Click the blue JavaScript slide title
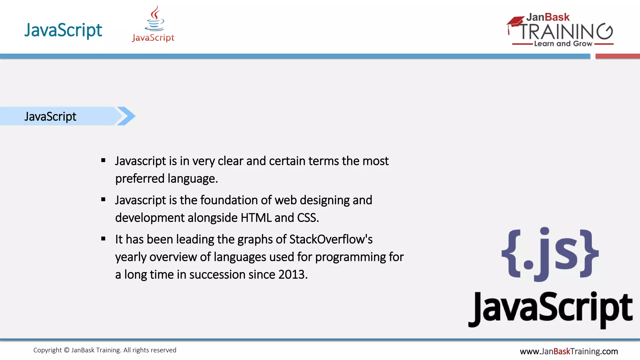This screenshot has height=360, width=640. (63, 30)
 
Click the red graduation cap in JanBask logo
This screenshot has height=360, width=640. (515, 22)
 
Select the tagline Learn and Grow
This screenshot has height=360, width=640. (563, 44)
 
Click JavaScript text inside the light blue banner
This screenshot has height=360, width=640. (50, 117)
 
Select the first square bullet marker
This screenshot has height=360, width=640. (103, 161)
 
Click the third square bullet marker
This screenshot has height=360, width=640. (103, 239)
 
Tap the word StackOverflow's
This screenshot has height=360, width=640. (331, 239)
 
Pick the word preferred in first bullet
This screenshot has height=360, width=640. (140, 179)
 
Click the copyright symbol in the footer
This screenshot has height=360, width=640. (67, 350)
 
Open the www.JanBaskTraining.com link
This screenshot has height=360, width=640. (569, 352)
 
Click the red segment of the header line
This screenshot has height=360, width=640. (617, 56)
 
